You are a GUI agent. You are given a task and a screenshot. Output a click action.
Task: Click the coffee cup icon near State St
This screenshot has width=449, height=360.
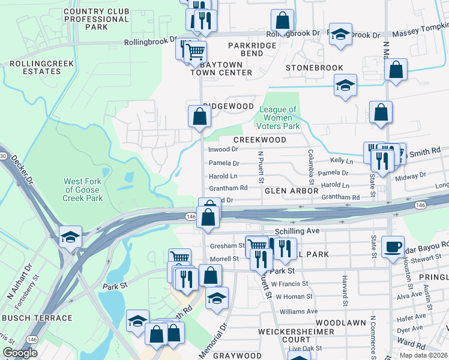tap(393, 246)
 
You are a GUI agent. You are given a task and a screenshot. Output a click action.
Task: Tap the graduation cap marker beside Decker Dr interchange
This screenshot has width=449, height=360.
tap(70, 236)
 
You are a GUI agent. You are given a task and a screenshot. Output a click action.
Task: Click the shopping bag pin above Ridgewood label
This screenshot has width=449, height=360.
tap(199, 115)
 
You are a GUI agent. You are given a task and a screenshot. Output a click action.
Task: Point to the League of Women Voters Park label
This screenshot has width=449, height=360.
tap(278, 118)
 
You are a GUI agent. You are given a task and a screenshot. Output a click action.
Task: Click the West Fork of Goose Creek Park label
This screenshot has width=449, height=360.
tap(83, 190)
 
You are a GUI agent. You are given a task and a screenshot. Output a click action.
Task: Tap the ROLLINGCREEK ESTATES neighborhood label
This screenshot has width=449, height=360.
tap(35, 67)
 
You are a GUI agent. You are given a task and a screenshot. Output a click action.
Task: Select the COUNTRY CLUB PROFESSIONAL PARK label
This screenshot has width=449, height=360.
tap(96, 19)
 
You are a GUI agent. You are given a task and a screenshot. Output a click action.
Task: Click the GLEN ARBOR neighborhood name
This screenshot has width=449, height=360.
tap(291, 190)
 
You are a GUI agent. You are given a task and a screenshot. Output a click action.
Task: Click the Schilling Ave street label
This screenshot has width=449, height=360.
tap(295, 230)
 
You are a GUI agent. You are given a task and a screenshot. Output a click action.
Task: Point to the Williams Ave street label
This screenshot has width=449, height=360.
tap(298, 311)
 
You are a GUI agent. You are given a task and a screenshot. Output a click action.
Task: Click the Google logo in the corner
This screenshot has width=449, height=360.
tap(20, 353)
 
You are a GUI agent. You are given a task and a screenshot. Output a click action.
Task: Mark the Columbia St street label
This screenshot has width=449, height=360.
tap(311, 167)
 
